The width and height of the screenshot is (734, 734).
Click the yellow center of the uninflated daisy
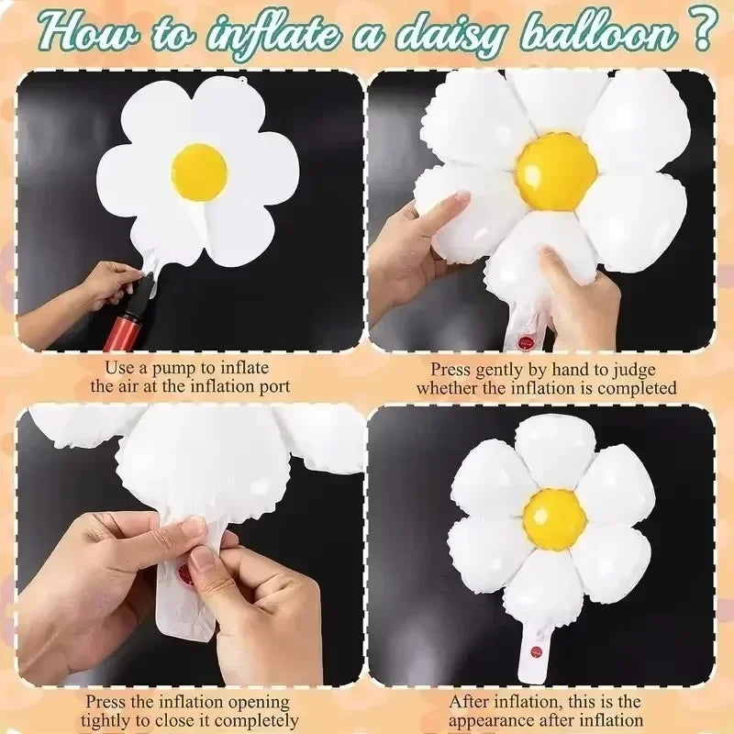[199, 172]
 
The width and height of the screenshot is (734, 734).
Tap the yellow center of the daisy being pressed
[555, 172]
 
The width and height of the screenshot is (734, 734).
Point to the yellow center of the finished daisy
[554, 519]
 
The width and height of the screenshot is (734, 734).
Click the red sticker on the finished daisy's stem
[536, 651]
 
